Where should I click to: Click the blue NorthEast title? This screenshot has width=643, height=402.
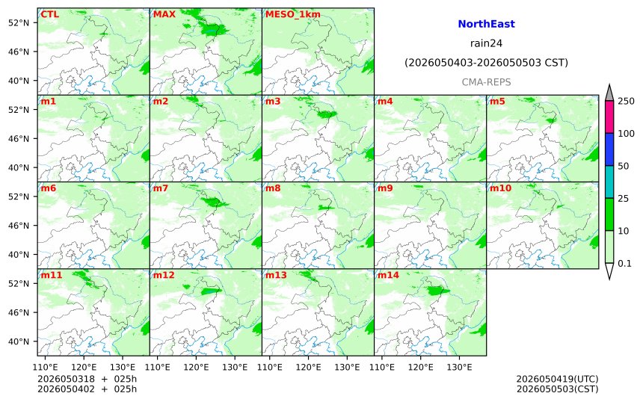[x=486, y=24]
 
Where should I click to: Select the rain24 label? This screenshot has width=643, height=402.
[x=486, y=43]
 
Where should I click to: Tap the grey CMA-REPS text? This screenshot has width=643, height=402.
[x=486, y=82]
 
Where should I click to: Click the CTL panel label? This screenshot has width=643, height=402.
[x=49, y=14]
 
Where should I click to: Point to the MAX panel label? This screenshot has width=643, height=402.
[x=164, y=14]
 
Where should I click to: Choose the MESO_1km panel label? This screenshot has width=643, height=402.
[x=293, y=14]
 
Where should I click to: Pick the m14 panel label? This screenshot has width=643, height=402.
[x=388, y=275]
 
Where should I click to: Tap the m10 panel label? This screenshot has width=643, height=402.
[x=500, y=188]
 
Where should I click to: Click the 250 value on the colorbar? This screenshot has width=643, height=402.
[x=627, y=101]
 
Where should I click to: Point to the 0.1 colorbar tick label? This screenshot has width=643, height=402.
[x=624, y=264]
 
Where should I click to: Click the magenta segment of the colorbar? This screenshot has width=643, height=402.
[x=609, y=117]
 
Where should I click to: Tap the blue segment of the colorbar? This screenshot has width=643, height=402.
[x=609, y=149]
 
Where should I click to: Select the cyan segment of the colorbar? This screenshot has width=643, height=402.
[x=609, y=182]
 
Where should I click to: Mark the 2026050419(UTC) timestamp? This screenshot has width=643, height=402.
[x=557, y=379]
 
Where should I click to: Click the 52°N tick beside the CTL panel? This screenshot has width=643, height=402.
[x=19, y=22]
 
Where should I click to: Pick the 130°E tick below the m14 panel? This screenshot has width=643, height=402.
[x=459, y=367]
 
